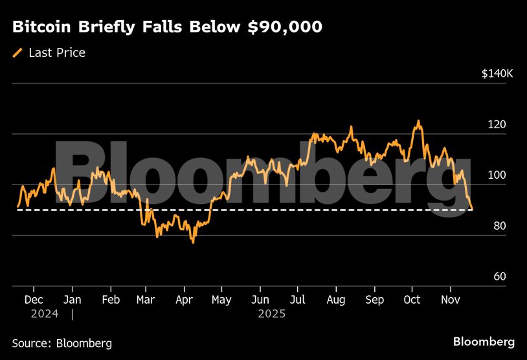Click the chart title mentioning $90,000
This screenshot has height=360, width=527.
[x=167, y=28]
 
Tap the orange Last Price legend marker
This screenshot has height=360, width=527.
[x=17, y=53]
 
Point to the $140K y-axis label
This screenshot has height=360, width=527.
[x=497, y=74]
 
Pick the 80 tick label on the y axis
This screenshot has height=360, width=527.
[x=499, y=226]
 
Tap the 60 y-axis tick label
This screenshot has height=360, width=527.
[x=499, y=276]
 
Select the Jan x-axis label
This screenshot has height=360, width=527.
[x=72, y=300]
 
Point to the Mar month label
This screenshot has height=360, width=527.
[x=146, y=300]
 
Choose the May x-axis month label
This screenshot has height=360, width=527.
[x=221, y=300]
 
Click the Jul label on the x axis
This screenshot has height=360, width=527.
[x=298, y=300]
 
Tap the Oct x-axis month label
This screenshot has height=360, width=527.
[x=412, y=300]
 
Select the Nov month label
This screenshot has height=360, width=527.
[x=450, y=300]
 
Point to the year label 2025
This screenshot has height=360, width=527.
[x=271, y=314]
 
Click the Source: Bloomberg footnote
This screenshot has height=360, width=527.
[x=62, y=343]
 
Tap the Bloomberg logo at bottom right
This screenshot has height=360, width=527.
[x=484, y=341]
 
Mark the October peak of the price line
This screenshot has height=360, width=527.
[x=418, y=121]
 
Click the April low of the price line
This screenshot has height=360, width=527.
[x=192, y=242]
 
